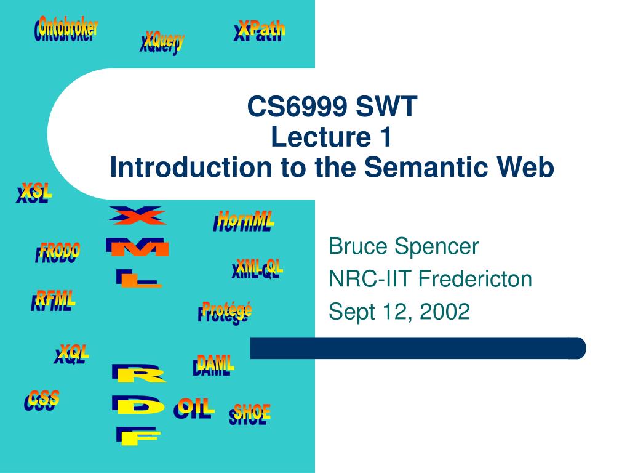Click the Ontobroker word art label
(x=66, y=29)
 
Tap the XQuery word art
(x=162, y=42)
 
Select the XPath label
(x=259, y=31)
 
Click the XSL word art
(x=34, y=193)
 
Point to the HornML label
(x=244, y=221)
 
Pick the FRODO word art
(x=57, y=253)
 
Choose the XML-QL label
(x=257, y=269)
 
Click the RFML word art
(x=53, y=301)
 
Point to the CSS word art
(x=41, y=400)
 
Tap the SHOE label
(x=250, y=414)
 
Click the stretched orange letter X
(x=137, y=216)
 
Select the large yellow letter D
(x=138, y=405)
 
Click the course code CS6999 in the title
(x=297, y=107)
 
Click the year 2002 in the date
(x=445, y=311)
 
